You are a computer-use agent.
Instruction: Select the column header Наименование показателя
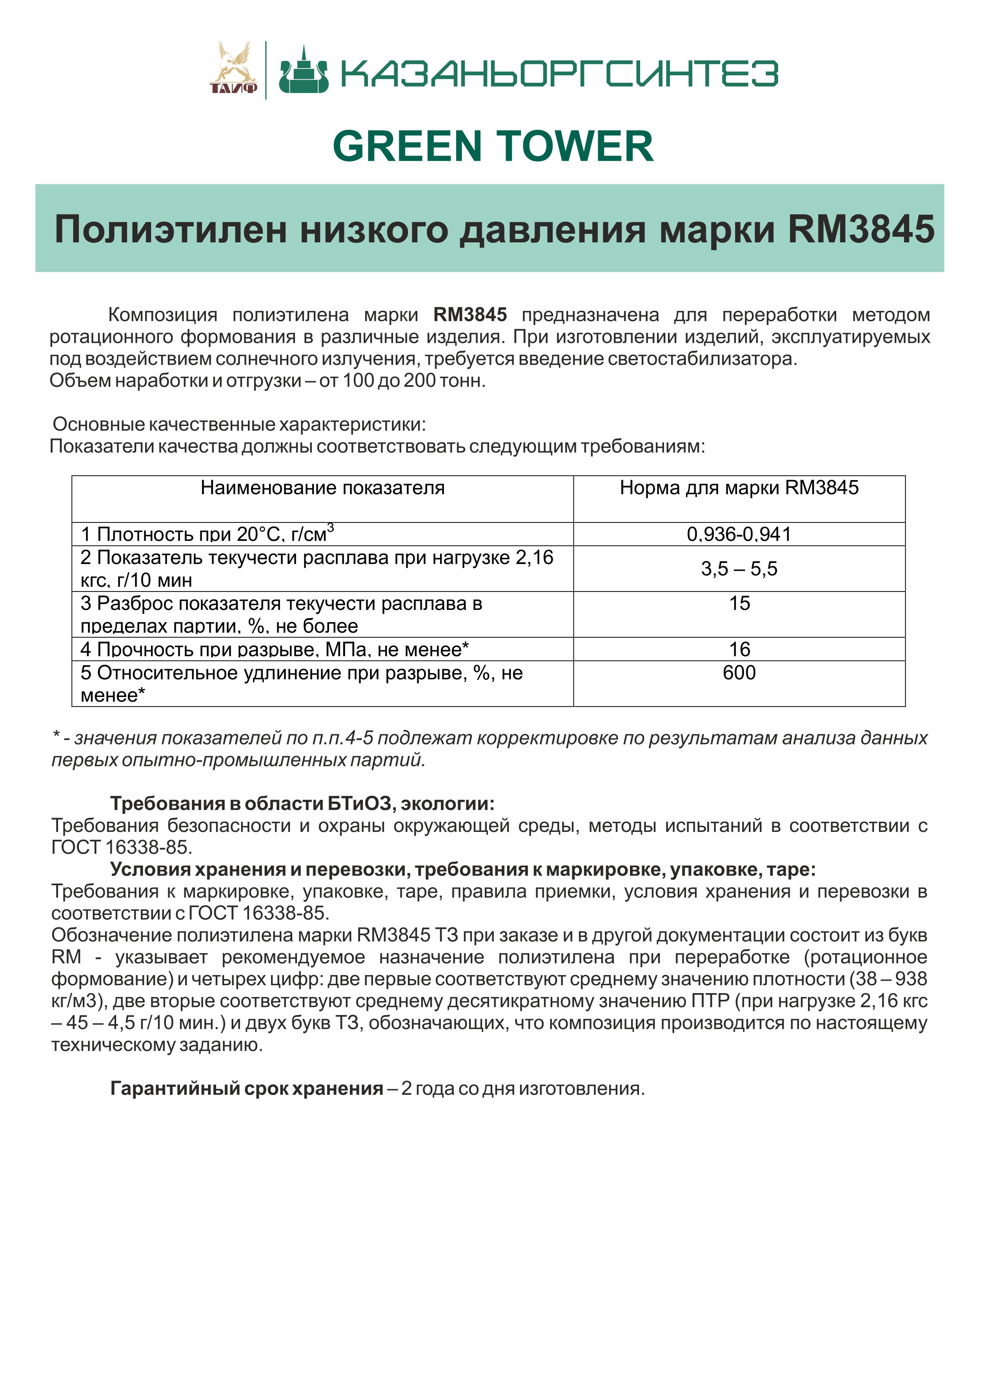click(x=322, y=488)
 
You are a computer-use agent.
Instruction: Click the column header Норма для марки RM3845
click(x=739, y=488)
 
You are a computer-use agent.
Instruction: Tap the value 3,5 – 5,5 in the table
click(x=739, y=569)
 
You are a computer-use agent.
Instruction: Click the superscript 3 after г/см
click(x=330, y=528)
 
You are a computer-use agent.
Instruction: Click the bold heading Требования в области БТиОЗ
click(x=302, y=804)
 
